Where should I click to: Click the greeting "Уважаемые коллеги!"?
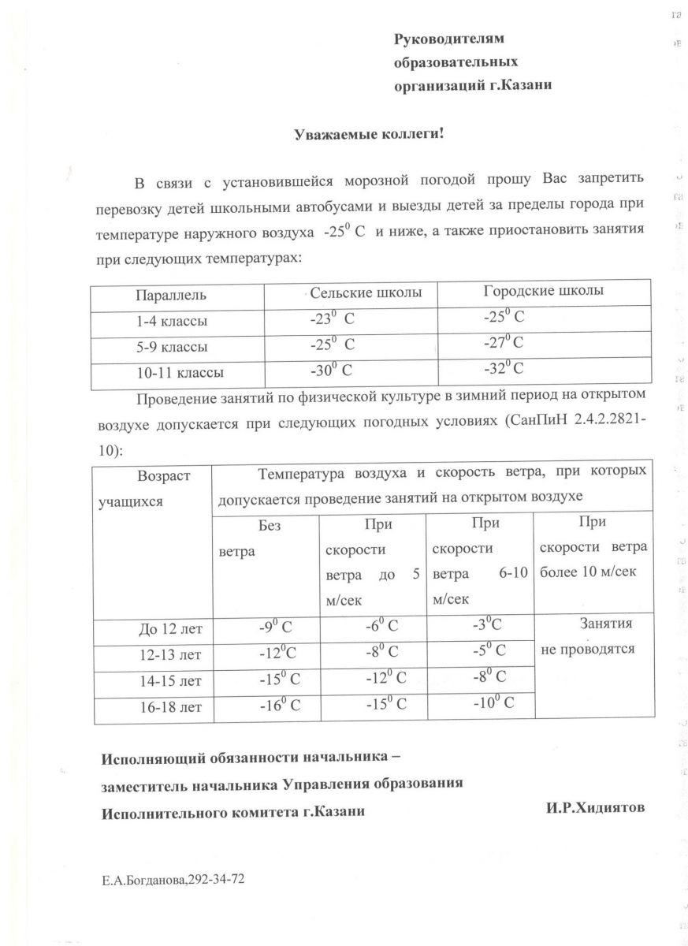370,134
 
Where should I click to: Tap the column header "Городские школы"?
543,291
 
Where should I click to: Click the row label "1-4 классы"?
172,322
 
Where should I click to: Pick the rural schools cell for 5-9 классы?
333,345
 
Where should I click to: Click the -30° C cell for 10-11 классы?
331,370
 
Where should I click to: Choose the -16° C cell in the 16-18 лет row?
280,706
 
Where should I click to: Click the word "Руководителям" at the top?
448,38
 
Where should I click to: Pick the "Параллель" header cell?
171,296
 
